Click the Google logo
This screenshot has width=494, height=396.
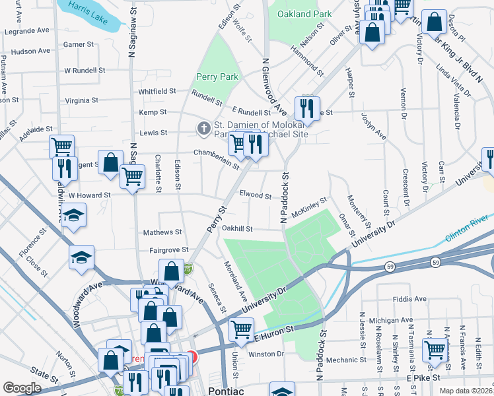(22, 388)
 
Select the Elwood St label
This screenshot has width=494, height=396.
(255, 195)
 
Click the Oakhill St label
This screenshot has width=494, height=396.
(236, 229)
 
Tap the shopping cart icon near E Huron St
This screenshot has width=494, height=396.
(241, 328)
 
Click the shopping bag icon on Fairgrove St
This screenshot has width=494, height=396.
(172, 271)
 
